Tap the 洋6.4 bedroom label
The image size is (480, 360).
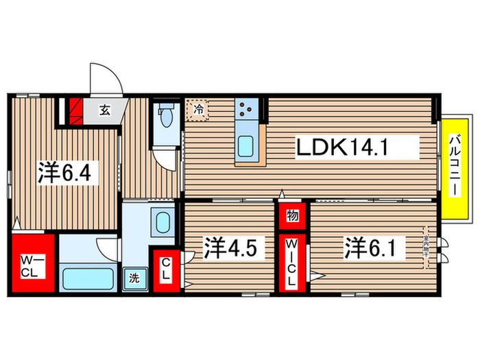(x=68, y=173)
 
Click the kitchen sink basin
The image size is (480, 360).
(x=247, y=145)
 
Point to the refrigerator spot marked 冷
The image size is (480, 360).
(x=197, y=108)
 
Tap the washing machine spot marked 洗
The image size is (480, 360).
(x=134, y=279)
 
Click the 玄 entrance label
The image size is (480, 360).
(x=105, y=109)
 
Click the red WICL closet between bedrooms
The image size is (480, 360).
(x=291, y=263)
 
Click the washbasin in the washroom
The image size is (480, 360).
(x=163, y=222)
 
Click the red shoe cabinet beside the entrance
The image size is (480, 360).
(x=75, y=110)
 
